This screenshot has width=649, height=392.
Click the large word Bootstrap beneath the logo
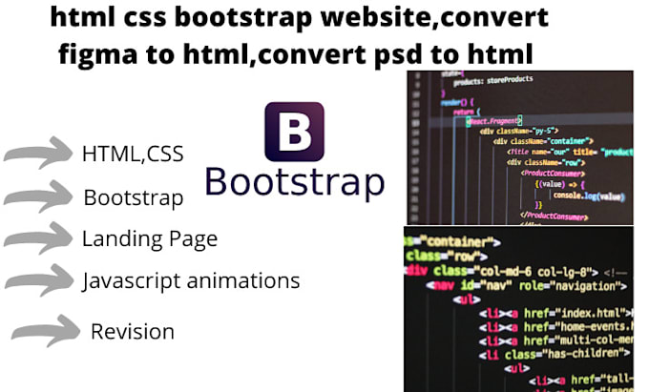294,181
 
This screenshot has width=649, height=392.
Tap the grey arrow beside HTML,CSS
38,155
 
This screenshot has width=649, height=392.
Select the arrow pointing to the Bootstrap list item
38,197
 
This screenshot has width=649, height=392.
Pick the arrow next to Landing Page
38,239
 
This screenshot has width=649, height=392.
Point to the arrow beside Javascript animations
38,281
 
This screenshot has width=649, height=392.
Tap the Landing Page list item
149,238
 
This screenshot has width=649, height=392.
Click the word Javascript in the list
127,280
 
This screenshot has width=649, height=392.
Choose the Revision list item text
132,332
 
